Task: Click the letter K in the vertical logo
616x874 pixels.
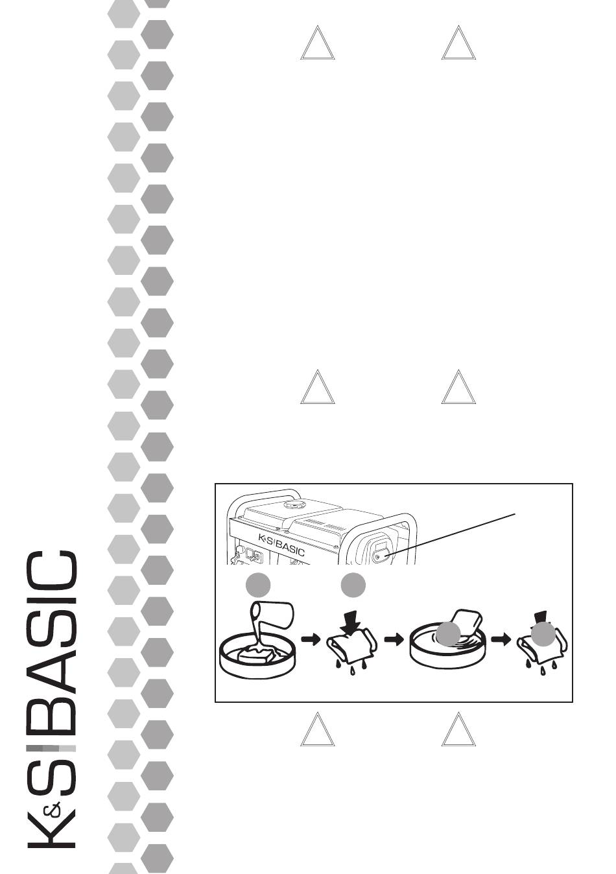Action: click(x=52, y=829)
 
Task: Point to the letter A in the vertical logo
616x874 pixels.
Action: click(x=52, y=668)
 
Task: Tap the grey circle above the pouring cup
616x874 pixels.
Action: click(x=258, y=585)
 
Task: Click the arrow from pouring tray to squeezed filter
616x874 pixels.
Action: click(x=312, y=639)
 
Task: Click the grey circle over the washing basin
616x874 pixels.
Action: click(x=447, y=634)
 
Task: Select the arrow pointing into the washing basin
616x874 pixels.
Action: click(x=393, y=639)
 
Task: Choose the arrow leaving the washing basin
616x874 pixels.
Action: click(x=500, y=639)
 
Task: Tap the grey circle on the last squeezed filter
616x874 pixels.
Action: click(x=543, y=633)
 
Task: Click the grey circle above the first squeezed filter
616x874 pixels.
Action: click(x=353, y=585)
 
